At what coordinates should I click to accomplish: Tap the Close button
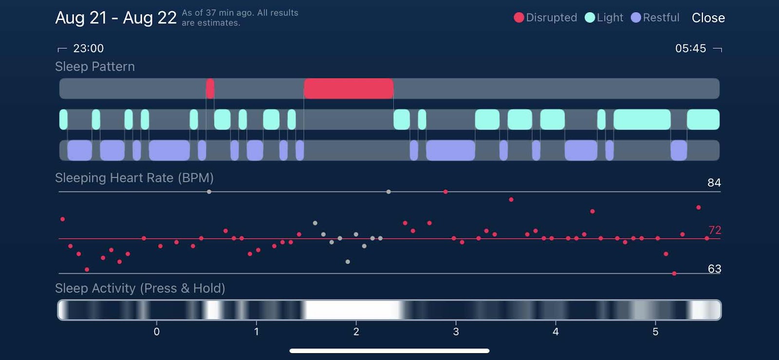[708, 18]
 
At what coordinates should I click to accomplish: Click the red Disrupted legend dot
[519, 18]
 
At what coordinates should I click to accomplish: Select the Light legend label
[610, 18]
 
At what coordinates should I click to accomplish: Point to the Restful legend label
[661, 18]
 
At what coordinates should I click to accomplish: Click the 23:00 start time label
[88, 48]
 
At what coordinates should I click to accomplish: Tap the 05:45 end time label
[690, 48]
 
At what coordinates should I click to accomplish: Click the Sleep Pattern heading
[95, 67]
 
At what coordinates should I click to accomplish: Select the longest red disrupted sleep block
[349, 89]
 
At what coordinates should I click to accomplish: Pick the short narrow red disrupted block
[210, 89]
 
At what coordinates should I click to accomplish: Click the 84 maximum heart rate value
[714, 183]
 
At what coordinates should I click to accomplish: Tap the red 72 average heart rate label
[715, 230]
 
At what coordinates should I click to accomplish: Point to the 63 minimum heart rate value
[714, 269]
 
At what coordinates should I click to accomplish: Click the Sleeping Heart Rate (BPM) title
[134, 178]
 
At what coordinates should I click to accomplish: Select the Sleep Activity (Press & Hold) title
[140, 288]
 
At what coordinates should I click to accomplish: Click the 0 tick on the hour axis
[156, 332]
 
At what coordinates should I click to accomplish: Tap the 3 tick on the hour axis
[456, 332]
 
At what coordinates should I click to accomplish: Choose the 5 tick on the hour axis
[655, 332]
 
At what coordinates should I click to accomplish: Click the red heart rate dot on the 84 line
[445, 192]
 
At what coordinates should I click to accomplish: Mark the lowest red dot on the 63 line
[674, 274]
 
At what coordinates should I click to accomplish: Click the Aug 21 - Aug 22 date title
[116, 18]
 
